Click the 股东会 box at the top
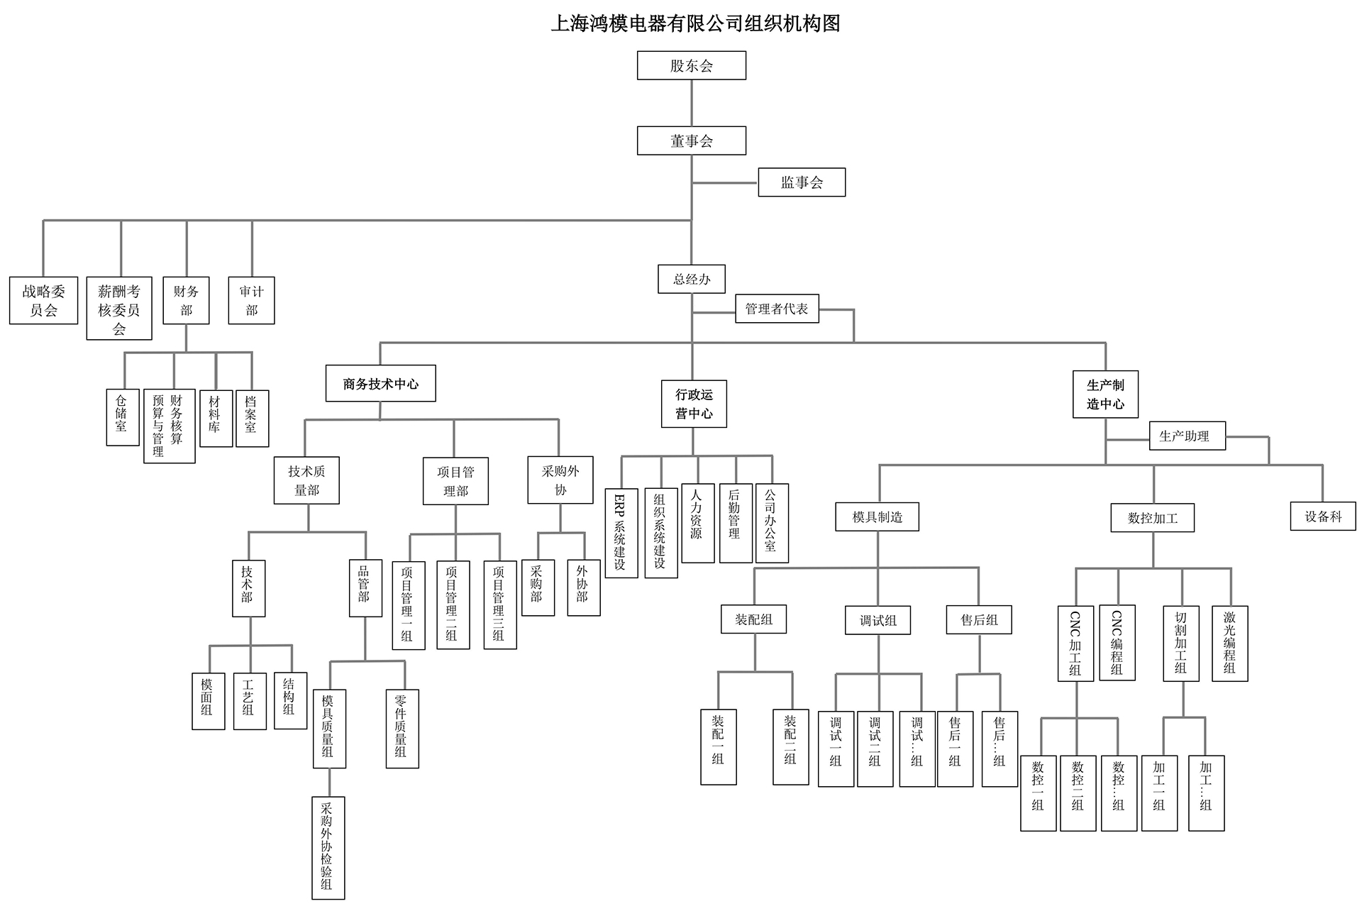pyautogui.click(x=691, y=65)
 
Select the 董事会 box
pyautogui.click(x=691, y=140)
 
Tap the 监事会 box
pyautogui.click(x=802, y=182)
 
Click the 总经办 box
pyautogui.click(x=692, y=279)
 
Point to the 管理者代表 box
pyautogui.click(x=777, y=309)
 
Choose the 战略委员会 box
pyautogui.click(x=43, y=300)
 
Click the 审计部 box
pyautogui.click(x=251, y=300)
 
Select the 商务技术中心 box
pyautogui.click(x=381, y=384)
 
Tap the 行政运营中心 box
pyautogui.click(x=694, y=404)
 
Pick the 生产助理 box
pyautogui.click(x=1187, y=436)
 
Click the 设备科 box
pyautogui.click(x=1322, y=517)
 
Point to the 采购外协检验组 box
pyautogui.click(x=328, y=848)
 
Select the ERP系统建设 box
pyautogui.click(x=621, y=533)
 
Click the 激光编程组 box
pyautogui.click(x=1229, y=644)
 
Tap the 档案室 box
pyautogui.click(x=251, y=418)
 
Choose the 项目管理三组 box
pyautogui.click(x=499, y=605)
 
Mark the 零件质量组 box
pyautogui.click(x=402, y=729)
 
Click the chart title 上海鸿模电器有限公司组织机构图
pyautogui.click(x=695, y=23)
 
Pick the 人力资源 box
pyautogui.click(x=697, y=523)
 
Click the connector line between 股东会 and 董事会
pyautogui.click(x=692, y=103)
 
